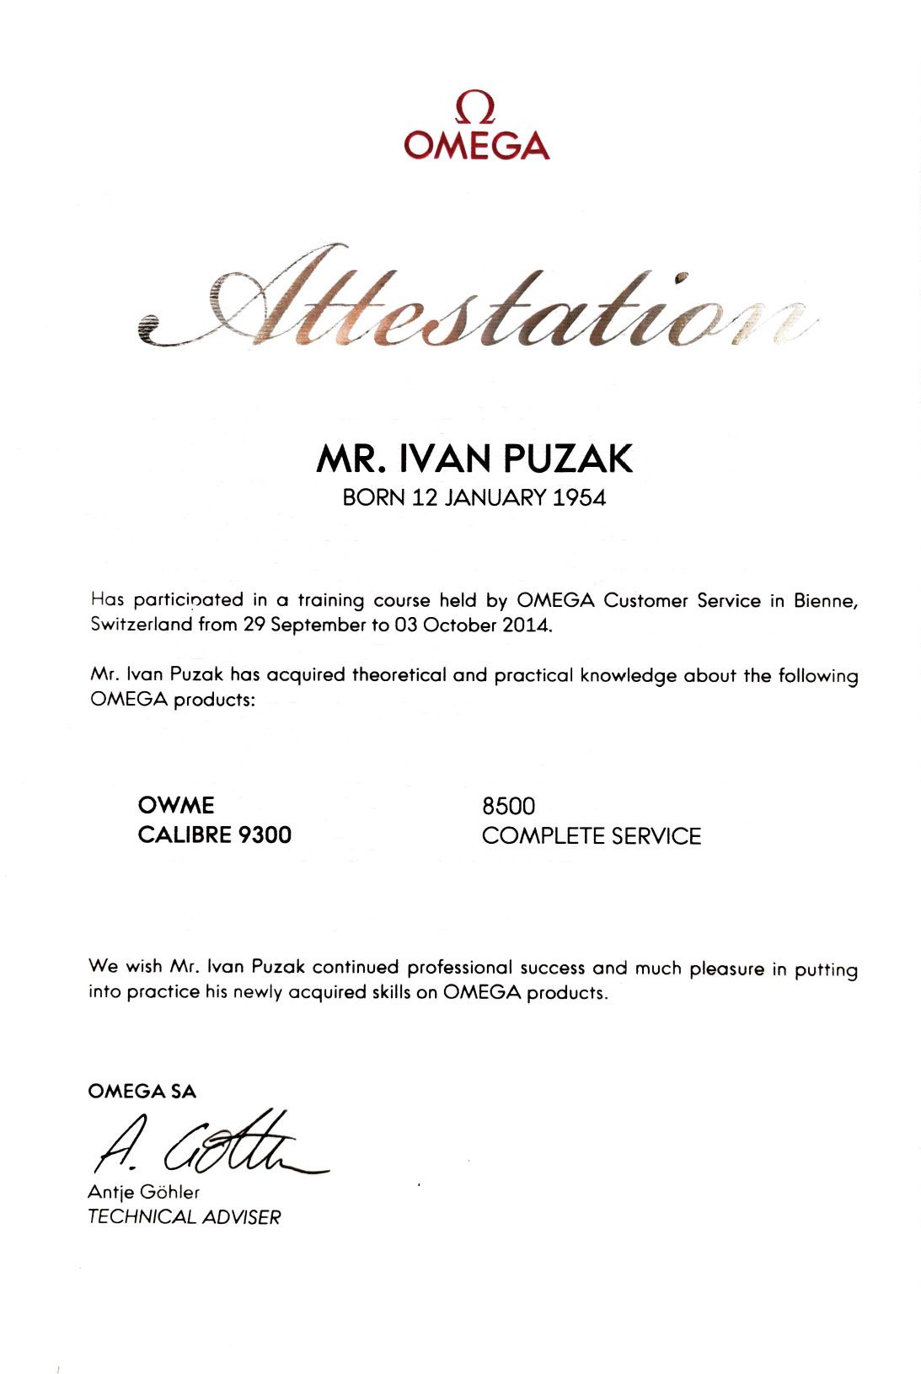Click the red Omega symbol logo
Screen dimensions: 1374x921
tap(475, 109)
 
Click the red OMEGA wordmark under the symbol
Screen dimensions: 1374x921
tap(476, 146)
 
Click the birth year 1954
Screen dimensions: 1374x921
tap(579, 497)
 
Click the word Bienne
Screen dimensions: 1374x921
tap(826, 601)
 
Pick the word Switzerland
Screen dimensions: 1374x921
tap(142, 625)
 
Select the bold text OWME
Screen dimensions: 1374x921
tap(176, 805)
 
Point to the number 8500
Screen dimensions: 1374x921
tap(508, 806)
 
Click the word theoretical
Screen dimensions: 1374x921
tap(399, 675)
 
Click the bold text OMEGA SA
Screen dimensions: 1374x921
tap(142, 1092)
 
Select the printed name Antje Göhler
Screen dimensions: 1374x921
tap(144, 1192)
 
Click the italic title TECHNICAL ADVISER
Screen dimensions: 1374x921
tap(184, 1216)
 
